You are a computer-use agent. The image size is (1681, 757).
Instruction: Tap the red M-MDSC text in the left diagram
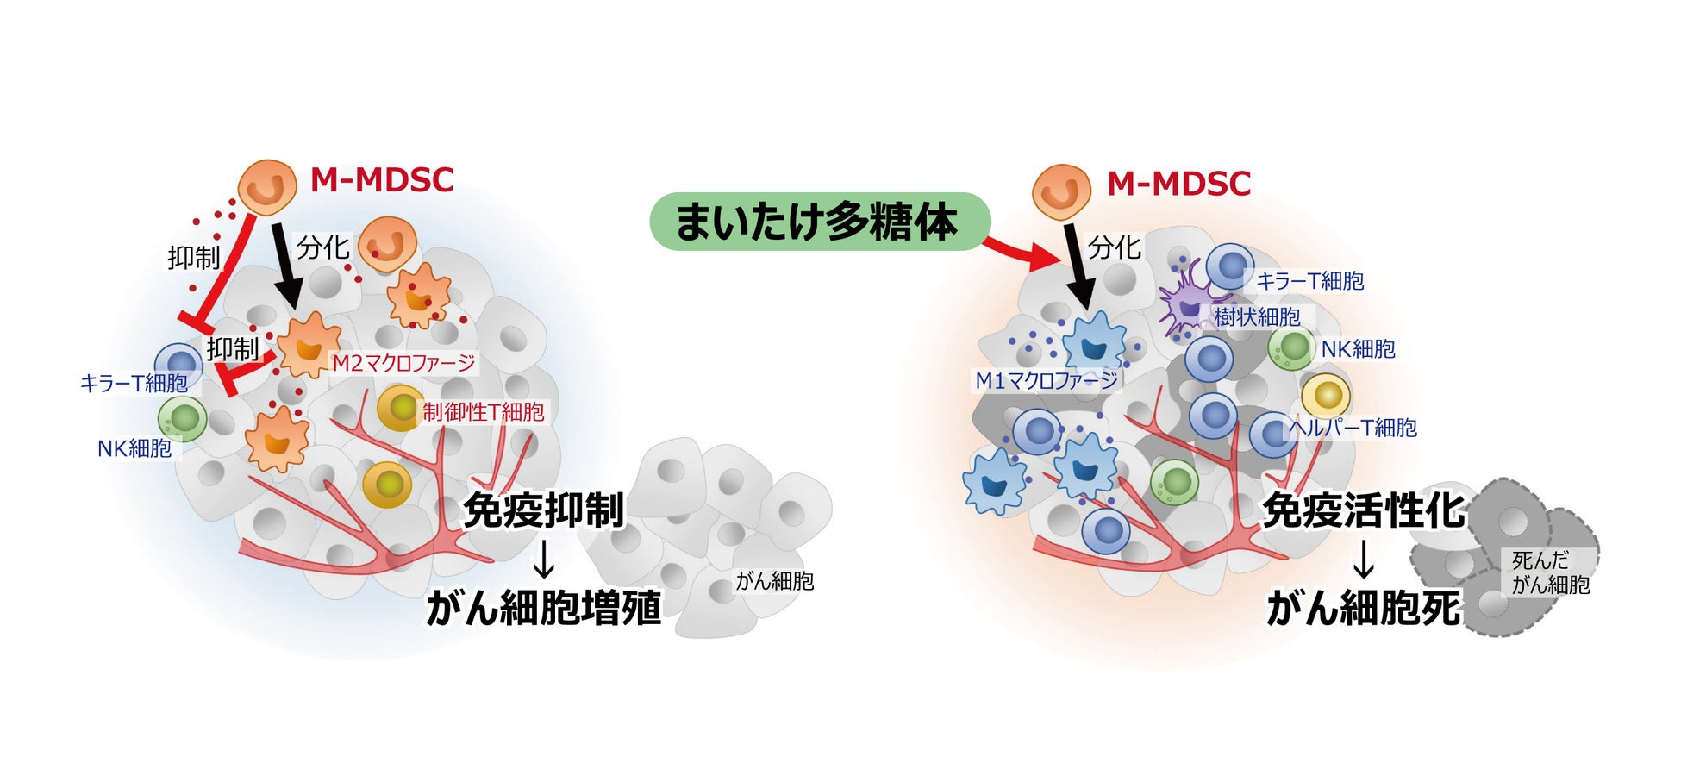382,180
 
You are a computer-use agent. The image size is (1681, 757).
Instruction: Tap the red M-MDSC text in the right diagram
1178,184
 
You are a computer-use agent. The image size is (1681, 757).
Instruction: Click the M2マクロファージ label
403,363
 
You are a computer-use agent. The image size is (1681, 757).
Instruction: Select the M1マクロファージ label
1046,380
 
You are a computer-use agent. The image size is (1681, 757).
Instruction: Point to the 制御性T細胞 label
483,412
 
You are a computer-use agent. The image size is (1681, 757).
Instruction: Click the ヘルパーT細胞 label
1353,428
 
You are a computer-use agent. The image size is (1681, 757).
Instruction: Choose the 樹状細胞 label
1257,317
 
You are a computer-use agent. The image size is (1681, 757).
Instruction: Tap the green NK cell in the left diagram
183,418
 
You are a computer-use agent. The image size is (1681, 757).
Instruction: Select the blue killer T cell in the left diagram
178,365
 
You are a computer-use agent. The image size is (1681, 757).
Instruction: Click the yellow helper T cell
1326,396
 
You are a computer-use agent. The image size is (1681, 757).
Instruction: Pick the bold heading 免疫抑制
543,510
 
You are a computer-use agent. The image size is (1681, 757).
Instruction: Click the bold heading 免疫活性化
1363,511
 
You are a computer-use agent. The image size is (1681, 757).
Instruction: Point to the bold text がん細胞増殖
544,607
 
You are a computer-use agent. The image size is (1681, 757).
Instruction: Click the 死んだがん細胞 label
1549,572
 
